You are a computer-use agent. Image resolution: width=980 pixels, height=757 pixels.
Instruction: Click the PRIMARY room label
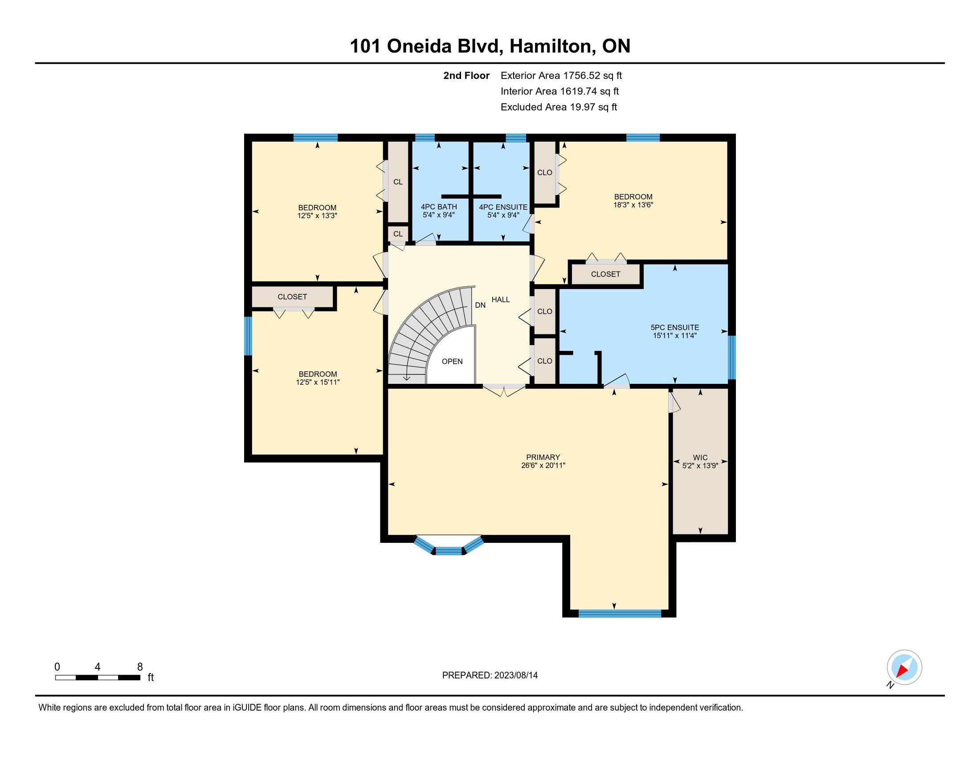[x=543, y=457]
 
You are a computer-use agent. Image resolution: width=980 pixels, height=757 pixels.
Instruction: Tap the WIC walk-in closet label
[x=700, y=458]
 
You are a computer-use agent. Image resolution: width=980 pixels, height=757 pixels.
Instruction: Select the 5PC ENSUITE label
[x=675, y=327]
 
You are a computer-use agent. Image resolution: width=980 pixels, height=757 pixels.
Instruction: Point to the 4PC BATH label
[x=439, y=207]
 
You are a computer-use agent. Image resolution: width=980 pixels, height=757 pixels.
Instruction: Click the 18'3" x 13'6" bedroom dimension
[x=633, y=205]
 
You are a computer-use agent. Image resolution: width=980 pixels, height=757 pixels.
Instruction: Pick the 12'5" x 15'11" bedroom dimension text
[x=318, y=382]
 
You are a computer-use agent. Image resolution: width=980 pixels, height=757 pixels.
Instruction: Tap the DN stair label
[x=480, y=305]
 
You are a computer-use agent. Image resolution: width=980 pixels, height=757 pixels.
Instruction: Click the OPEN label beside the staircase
[x=452, y=362]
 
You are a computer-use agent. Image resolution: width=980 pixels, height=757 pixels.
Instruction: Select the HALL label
[x=501, y=300]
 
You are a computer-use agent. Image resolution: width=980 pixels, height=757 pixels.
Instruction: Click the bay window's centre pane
[x=449, y=551]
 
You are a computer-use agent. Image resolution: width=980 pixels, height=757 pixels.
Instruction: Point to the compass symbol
[x=904, y=667]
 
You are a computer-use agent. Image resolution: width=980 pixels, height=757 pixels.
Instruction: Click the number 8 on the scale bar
[x=140, y=667]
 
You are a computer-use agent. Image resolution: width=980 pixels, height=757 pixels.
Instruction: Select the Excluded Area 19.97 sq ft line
[x=559, y=107]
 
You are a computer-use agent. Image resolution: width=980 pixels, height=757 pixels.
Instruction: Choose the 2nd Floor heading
[x=466, y=76]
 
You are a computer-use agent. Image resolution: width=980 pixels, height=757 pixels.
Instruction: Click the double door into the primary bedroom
[x=504, y=389]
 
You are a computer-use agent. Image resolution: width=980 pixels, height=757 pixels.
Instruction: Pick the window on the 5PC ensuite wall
[x=732, y=358]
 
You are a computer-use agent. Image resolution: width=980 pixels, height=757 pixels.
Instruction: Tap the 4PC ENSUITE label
[x=503, y=207]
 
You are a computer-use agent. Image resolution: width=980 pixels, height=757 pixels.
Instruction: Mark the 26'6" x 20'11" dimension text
[x=543, y=465]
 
